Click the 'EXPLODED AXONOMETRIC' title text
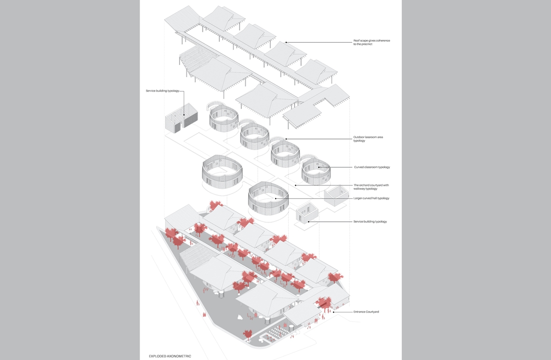click(x=170, y=356)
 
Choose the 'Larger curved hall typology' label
click(x=371, y=198)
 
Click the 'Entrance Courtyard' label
click(x=366, y=312)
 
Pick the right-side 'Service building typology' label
click(x=370, y=222)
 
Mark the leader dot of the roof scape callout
click(x=287, y=43)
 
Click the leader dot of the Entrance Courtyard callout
click(x=334, y=312)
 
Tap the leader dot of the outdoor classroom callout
click(x=286, y=138)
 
